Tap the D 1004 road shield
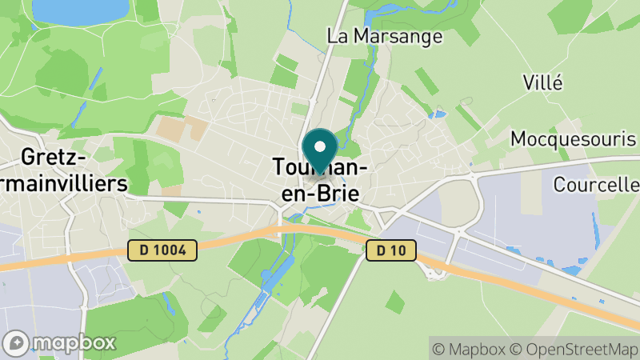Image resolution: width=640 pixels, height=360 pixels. [162, 250]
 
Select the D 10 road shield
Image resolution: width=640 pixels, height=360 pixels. [391, 250]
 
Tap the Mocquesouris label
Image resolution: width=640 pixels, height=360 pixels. [574, 138]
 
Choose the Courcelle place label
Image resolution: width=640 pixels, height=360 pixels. [597, 185]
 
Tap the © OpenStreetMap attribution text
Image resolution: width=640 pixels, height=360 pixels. [574, 349]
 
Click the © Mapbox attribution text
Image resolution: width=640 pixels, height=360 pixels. [468, 349]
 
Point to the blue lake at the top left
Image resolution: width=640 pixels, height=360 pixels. [80, 10]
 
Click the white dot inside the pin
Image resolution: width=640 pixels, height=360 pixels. [320, 146]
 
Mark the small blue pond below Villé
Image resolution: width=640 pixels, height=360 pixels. [437, 114]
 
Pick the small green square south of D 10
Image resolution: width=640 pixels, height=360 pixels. [394, 302]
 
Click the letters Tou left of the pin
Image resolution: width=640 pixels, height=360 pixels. [290, 167]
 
